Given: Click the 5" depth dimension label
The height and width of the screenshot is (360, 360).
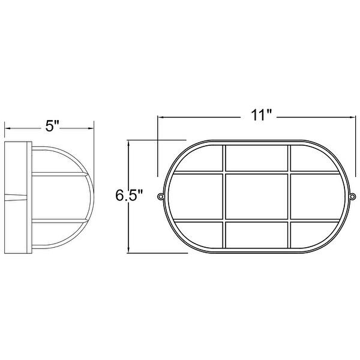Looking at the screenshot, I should (52, 127).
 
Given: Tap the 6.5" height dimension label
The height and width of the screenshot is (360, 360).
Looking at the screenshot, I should (129, 196).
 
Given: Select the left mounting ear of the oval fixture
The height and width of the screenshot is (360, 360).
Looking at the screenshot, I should (161, 197).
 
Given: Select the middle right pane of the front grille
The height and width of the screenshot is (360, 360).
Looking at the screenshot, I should (317, 196).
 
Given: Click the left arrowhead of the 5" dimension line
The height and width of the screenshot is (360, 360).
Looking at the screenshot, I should (7, 127).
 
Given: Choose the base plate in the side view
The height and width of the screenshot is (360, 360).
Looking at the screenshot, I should (16, 196).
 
